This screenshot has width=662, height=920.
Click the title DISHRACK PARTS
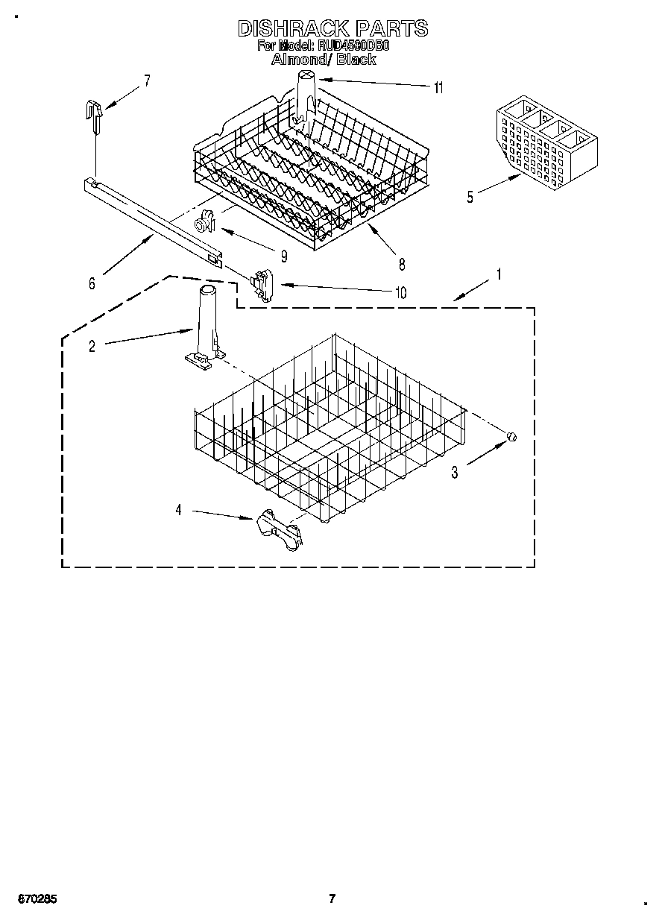[x=332, y=28]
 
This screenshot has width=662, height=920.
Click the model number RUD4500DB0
[x=354, y=45]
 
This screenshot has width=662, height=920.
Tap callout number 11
[x=438, y=88]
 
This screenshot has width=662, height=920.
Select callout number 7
[x=147, y=81]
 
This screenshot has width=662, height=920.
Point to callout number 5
[x=470, y=197]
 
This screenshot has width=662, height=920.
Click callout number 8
[x=402, y=263]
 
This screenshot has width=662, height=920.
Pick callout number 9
[x=284, y=256]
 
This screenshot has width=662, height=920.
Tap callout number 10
[x=401, y=293]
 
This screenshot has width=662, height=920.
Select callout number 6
[x=92, y=283]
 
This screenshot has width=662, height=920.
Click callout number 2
[x=92, y=347]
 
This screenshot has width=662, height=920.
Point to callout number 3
[x=454, y=472]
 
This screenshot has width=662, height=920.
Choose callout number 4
[x=178, y=510]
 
